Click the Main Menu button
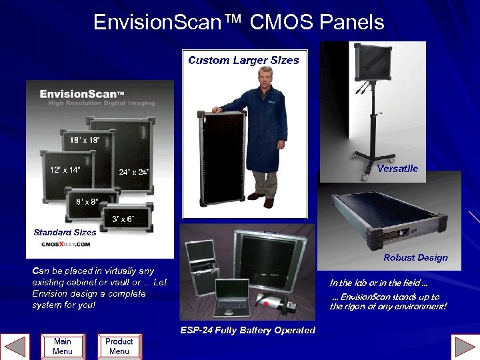click(x=62, y=345)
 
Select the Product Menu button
click(x=119, y=345)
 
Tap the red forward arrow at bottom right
click(x=465, y=347)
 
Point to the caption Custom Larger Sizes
click(x=243, y=60)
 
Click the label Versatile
click(x=397, y=168)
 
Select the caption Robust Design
click(x=415, y=257)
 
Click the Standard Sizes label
click(x=65, y=232)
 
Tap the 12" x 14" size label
click(x=65, y=169)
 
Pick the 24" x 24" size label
click(x=134, y=172)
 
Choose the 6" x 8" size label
click(x=87, y=201)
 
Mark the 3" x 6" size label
click(x=123, y=218)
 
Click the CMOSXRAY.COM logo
click(x=65, y=245)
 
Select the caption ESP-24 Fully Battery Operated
click(x=247, y=330)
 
